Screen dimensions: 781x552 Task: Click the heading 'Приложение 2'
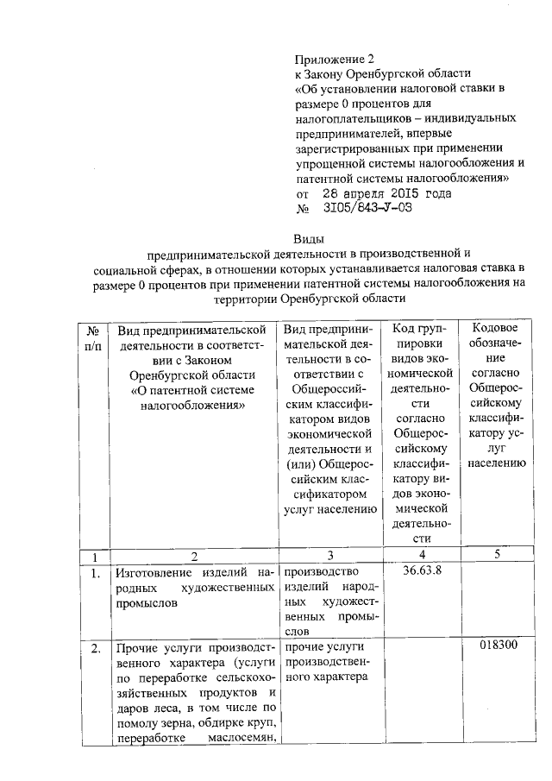click(x=336, y=60)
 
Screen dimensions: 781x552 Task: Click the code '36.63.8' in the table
click(x=423, y=570)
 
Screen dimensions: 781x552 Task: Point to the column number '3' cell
click(x=329, y=554)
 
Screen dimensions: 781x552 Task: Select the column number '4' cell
click(x=422, y=554)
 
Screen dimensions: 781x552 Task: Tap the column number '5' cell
click(x=498, y=554)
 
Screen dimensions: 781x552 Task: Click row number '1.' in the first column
click(x=94, y=572)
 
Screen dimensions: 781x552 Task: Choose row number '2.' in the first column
click(x=94, y=648)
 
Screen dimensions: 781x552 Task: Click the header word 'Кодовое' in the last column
click(x=498, y=328)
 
